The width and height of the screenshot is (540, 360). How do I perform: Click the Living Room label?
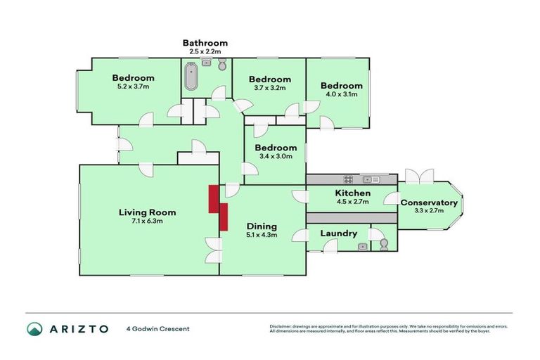click(147, 212)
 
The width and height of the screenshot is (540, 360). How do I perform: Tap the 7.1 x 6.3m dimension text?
click(147, 221)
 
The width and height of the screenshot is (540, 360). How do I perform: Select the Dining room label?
click(261, 226)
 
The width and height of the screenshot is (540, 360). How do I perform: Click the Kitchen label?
click(352, 193)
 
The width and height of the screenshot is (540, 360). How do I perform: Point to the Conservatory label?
click(429, 203)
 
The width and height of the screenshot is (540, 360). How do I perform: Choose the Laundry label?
click(338, 233)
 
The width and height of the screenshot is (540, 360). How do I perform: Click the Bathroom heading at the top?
click(205, 42)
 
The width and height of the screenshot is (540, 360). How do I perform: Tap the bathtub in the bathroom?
click(191, 77)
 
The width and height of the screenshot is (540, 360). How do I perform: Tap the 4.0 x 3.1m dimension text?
click(341, 94)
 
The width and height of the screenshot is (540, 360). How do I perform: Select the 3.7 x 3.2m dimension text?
click(269, 89)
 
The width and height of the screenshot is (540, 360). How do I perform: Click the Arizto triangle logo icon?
click(35, 328)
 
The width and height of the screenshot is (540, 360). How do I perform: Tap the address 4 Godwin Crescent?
click(157, 328)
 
